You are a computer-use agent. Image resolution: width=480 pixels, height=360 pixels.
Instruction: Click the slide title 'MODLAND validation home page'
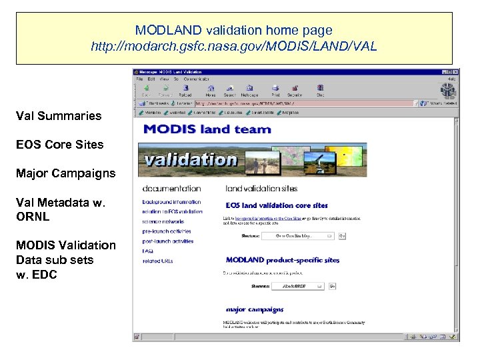(233, 31)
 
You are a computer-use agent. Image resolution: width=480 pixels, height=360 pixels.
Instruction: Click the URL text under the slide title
(233, 47)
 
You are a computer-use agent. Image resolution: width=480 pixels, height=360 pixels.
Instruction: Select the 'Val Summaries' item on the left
(59, 116)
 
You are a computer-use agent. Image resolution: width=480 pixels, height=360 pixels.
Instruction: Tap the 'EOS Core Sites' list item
(60, 145)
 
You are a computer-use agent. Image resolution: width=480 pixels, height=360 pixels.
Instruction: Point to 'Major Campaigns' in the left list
(65, 173)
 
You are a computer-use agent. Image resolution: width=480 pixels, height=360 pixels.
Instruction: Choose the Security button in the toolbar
(295, 90)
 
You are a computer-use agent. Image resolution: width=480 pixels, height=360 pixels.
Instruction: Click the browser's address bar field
(300, 103)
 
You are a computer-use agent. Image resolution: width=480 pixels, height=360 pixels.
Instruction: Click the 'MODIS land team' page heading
(207, 129)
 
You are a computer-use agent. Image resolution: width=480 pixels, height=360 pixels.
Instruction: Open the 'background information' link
(171, 202)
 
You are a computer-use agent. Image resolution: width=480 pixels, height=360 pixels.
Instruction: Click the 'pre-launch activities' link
(167, 231)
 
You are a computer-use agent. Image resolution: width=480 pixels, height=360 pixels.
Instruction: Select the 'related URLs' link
(157, 261)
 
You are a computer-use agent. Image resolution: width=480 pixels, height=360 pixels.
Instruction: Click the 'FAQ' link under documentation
(147, 251)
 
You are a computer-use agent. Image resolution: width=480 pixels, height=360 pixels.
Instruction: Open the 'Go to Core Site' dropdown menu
(297, 235)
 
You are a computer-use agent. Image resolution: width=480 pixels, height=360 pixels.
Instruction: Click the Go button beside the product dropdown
(332, 286)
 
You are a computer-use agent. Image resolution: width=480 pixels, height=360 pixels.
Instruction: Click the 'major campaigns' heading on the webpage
(255, 309)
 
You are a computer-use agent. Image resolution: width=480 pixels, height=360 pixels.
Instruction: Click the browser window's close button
(455, 71)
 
